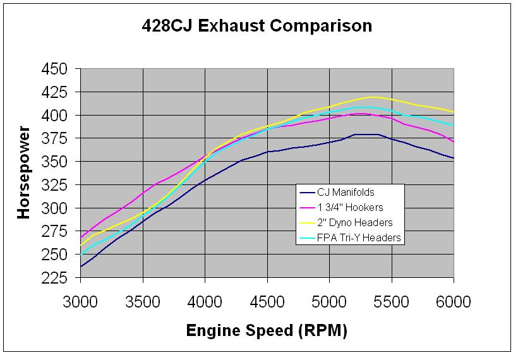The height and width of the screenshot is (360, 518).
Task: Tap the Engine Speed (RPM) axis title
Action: [x=266, y=330]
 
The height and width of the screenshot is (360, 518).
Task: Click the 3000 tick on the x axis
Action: [x=81, y=301]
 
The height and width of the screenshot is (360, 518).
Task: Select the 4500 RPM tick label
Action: [x=267, y=301]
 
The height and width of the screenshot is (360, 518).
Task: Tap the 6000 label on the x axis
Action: [x=454, y=301]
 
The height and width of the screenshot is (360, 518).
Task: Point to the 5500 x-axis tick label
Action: [x=392, y=301]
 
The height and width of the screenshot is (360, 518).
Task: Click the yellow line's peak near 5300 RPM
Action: [x=373, y=97]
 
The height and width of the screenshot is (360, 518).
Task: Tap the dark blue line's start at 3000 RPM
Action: [x=81, y=267]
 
